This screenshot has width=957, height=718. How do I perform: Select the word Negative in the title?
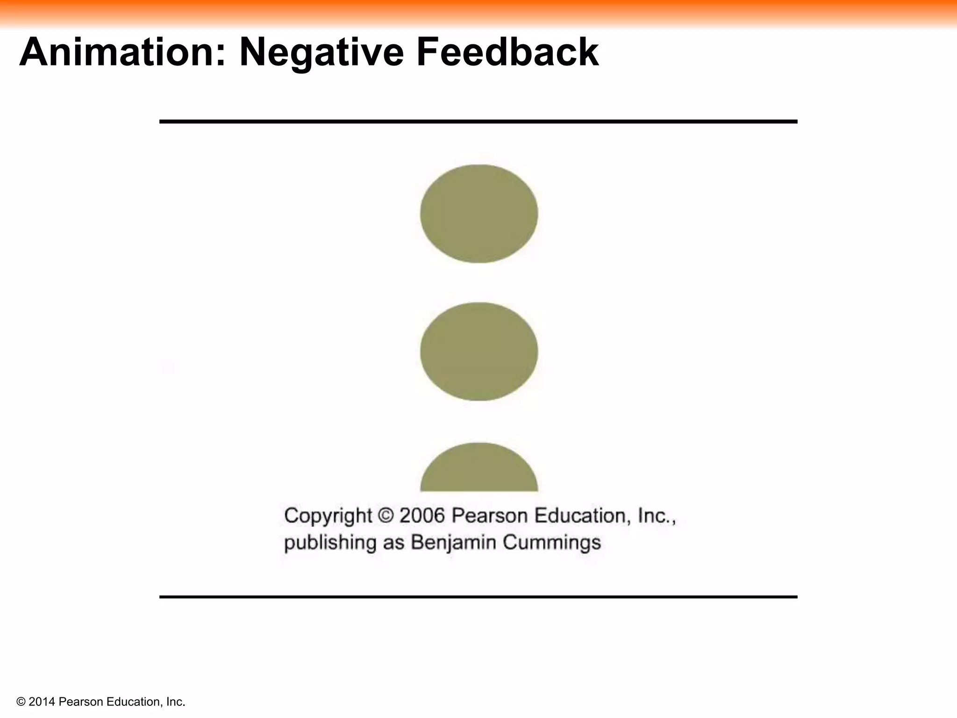click(x=321, y=52)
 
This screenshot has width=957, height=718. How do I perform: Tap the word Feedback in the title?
click(x=507, y=52)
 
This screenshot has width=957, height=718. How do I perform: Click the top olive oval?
click(x=478, y=214)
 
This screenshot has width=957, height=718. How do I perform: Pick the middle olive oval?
click(x=478, y=352)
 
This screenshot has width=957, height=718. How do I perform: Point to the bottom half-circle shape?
click(x=478, y=470)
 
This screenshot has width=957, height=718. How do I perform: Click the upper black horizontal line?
click(x=478, y=122)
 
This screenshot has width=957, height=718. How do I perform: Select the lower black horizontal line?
click(x=478, y=597)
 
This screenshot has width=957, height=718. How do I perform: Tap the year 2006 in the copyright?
click(x=422, y=516)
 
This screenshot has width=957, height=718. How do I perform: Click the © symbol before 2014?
click(x=21, y=702)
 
